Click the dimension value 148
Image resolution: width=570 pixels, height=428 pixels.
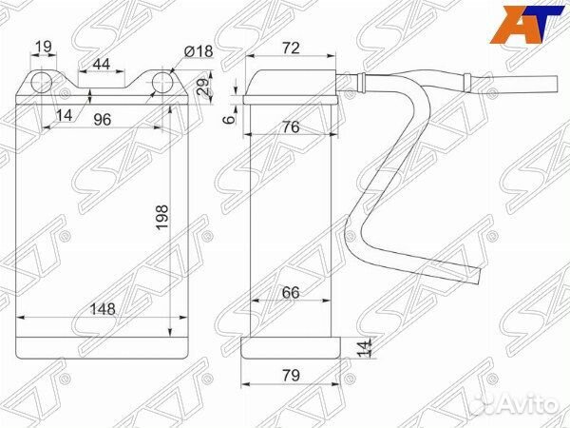(x=92, y=306)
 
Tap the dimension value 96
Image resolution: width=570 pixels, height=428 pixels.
(x=101, y=120)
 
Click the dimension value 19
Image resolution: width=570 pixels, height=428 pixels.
(x=41, y=47)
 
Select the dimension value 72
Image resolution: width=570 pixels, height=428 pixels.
(x=292, y=47)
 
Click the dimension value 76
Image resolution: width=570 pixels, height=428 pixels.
(x=292, y=127)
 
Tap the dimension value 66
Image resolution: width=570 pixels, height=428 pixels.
(x=290, y=294)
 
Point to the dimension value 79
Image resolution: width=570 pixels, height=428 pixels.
(x=290, y=375)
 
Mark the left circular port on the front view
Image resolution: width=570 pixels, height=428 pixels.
(x=41, y=84)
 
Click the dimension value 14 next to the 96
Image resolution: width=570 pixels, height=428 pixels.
(x=64, y=115)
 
